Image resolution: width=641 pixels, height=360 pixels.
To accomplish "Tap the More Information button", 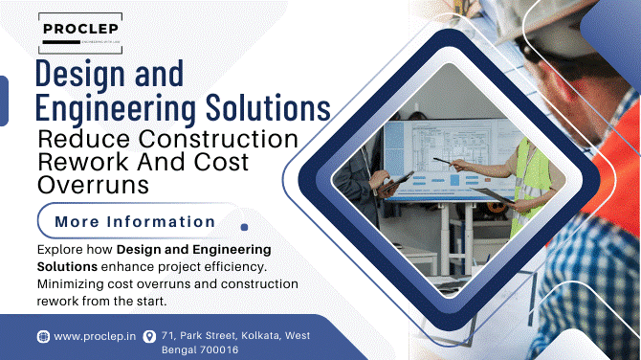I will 134,222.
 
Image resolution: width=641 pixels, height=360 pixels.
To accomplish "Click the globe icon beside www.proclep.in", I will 42,336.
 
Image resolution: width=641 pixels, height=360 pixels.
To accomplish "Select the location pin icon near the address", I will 148,336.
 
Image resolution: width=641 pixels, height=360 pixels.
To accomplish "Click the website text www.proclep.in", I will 93,336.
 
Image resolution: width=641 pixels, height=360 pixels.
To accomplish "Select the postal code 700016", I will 217,350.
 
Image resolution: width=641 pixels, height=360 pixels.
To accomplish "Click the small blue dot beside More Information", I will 245,228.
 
